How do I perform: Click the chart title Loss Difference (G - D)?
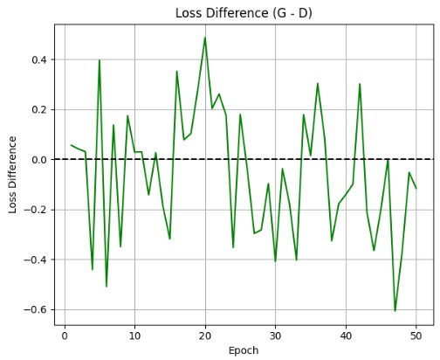(x=244, y=13)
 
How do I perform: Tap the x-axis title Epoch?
(x=244, y=350)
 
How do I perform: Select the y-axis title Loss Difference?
(x=12, y=175)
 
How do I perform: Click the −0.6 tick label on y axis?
(x=36, y=309)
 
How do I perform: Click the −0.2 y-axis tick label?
(x=36, y=210)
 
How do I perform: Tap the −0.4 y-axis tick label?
(x=36, y=260)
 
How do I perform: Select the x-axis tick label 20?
(x=205, y=336)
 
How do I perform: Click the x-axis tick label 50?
(x=416, y=336)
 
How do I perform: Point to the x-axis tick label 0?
(x=65, y=336)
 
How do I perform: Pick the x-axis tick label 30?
(x=275, y=336)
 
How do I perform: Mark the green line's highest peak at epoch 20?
(x=205, y=38)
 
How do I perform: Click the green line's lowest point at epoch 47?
(x=395, y=311)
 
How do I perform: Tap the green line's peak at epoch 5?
(x=100, y=60)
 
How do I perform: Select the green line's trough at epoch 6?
(x=107, y=287)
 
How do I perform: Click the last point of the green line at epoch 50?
(x=416, y=189)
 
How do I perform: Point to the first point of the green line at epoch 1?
(x=72, y=145)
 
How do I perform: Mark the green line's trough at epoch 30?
(x=275, y=261)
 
